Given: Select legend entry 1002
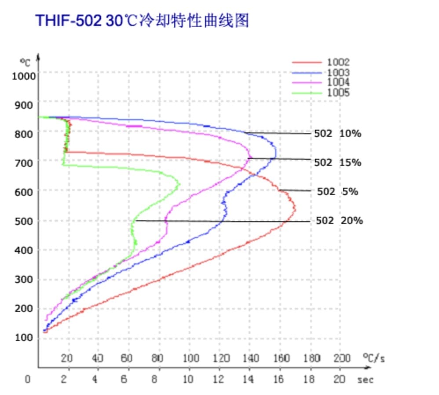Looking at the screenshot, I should click(338, 62).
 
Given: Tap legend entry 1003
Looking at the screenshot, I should click(338, 73).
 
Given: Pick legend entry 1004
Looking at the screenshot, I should click(338, 82).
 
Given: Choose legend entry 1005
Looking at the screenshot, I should click(338, 92).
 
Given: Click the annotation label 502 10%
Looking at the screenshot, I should click(337, 134).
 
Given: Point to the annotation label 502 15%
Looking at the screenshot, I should click(337, 162).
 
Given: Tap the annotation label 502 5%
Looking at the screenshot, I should click(337, 191).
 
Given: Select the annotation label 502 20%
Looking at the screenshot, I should click(339, 221).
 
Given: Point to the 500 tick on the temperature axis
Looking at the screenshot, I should click(25, 221).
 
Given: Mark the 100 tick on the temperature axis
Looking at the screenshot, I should click(25, 337).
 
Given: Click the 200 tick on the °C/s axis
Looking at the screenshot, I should click(341, 358).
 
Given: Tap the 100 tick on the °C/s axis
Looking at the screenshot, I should click(190, 358).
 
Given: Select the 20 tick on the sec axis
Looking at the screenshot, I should click(339, 379).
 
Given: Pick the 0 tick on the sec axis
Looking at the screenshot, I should click(28, 379).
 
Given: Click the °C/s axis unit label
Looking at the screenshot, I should click(373, 358).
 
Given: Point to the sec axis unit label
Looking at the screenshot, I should click(365, 379).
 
